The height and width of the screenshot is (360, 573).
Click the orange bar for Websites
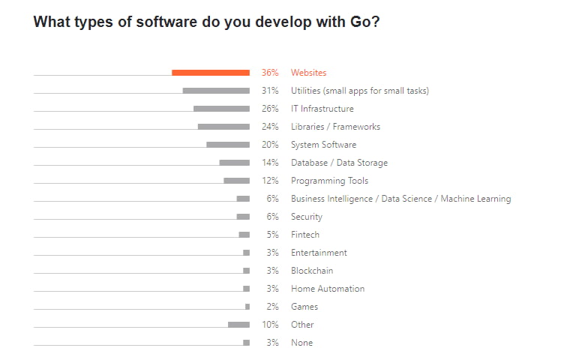(x=211, y=73)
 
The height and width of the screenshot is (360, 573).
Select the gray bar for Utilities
(x=216, y=91)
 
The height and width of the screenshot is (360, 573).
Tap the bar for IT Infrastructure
(x=221, y=109)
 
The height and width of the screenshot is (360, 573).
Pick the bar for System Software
(x=228, y=145)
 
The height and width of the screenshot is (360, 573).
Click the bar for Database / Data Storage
(x=235, y=163)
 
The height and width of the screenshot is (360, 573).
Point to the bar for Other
(x=238, y=325)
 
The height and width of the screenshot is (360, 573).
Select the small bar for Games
(x=247, y=307)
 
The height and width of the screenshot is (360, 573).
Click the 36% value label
(x=270, y=73)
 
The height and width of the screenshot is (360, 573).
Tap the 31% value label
(x=270, y=91)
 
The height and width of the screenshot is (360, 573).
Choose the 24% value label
(x=270, y=127)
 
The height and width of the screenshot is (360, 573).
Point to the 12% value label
(x=270, y=181)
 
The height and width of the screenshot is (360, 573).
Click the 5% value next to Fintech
(x=272, y=235)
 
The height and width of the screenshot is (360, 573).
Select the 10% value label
(x=270, y=325)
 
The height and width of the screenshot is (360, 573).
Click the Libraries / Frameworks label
(x=335, y=127)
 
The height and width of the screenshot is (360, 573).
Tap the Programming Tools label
(x=329, y=181)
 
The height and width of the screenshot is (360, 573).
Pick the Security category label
(x=306, y=217)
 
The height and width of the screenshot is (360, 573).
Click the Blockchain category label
(x=312, y=271)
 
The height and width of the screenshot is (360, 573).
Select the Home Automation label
(x=328, y=289)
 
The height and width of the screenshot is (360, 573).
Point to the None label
(x=301, y=343)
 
